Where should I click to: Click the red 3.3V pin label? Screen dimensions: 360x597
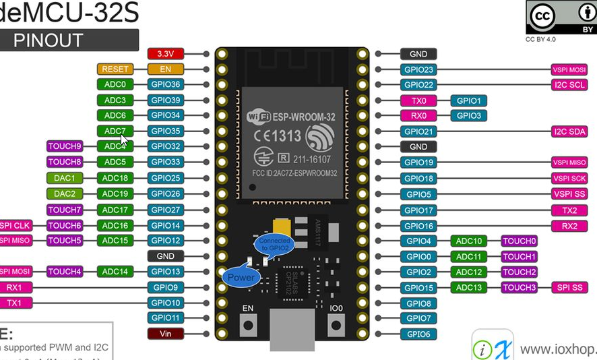click(165, 53)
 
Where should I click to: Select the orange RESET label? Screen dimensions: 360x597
click(115, 69)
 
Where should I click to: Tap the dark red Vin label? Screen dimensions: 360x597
click(165, 333)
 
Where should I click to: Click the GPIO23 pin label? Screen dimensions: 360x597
click(418, 69)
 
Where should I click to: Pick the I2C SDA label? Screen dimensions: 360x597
click(569, 131)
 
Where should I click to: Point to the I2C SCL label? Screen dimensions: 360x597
click(569, 85)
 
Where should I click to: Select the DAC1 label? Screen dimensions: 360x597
click(65, 178)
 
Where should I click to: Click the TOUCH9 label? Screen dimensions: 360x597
click(65, 146)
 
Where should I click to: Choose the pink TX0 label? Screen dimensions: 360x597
click(418, 100)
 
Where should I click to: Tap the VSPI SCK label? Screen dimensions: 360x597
click(569, 179)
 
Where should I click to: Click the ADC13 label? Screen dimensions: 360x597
click(469, 287)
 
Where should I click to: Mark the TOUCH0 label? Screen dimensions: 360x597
click(520, 241)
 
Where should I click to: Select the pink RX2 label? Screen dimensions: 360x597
click(569, 226)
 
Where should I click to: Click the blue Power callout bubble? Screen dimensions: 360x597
click(241, 277)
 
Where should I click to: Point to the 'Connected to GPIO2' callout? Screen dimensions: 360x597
click(274, 244)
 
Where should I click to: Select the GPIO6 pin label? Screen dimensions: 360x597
click(418, 334)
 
